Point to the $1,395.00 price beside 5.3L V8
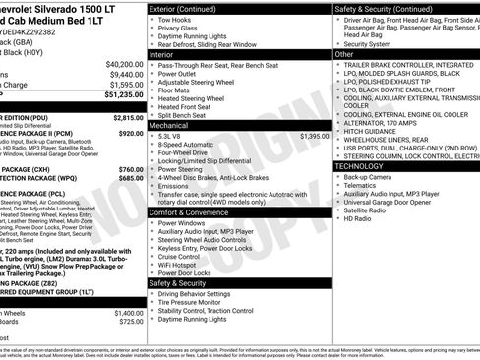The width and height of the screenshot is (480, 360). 314,136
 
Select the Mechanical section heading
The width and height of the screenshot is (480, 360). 168,125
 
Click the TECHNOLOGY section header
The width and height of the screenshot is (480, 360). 360,167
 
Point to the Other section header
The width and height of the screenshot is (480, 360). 345,54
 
